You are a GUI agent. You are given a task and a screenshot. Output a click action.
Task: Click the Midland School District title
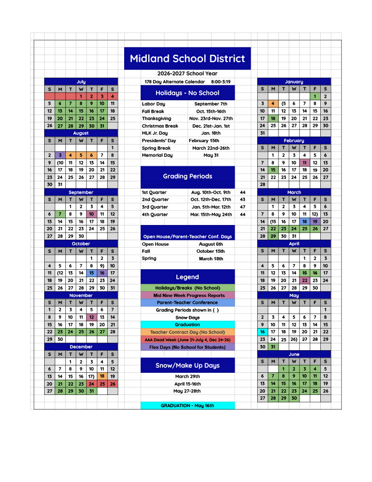pos(187,59)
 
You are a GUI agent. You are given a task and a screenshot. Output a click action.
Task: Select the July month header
pos(81,82)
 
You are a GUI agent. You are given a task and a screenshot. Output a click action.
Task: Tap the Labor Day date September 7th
pos(210,104)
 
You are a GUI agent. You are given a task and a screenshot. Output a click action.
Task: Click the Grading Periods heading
pos(187,177)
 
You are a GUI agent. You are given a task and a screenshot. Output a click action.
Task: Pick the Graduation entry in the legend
pos(187,325)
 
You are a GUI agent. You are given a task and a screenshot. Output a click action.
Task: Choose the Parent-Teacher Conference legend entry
pos(187,303)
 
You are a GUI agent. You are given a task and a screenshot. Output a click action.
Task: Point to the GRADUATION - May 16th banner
pos(187,406)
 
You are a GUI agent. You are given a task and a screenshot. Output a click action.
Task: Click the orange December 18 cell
pos(102,377)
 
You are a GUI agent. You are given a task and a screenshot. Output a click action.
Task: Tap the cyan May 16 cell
pos(262,332)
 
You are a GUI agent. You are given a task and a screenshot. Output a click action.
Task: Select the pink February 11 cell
pos(304,163)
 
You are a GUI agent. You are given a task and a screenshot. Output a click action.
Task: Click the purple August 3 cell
pos(60,155)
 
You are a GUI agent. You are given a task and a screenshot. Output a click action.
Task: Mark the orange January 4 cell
pos(273,104)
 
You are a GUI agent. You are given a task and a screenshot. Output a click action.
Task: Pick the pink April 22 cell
pos(304,281)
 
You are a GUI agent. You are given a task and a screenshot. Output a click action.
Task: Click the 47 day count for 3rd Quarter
pos(243,207)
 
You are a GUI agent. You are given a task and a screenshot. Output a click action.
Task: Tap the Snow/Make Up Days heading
pos(187,366)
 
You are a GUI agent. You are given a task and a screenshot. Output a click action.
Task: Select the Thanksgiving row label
pos(157,119)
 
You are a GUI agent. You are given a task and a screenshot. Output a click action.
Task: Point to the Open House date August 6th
pos(211,244)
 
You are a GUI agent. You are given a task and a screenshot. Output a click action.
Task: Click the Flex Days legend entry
pos(187,347)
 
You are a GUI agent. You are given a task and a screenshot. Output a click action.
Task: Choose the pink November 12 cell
pos(92,317)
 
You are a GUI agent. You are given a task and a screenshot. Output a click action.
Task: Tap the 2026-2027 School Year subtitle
pos(187,74)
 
